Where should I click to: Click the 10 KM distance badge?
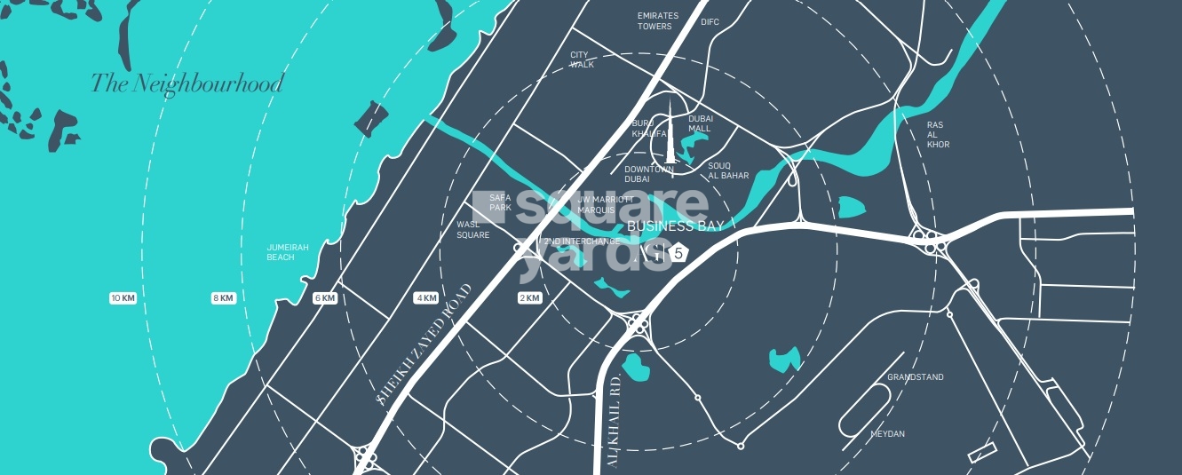coord(123,298)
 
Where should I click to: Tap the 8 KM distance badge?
coord(223,298)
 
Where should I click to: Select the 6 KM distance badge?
coord(325,298)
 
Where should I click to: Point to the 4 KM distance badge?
coord(426,298)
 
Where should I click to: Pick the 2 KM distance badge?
coord(529,298)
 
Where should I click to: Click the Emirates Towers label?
coord(657,21)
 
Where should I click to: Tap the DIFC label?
coord(710,22)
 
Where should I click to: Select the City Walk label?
coord(582,59)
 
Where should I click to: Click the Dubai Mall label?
coord(700,123)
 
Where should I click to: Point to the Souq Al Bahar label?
coord(728,170)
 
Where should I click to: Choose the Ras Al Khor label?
coord(938,135)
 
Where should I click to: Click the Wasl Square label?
coord(472,230)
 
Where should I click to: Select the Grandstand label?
coord(916,377)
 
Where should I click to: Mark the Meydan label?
coord(887,434)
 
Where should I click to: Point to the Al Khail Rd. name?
coord(614,422)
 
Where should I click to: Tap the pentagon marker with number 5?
coord(679,253)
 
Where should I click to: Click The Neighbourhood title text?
coord(186,84)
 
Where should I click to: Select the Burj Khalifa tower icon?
coord(671,138)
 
